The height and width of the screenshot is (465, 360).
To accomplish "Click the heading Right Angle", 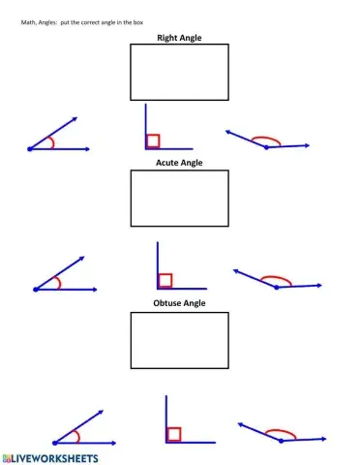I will point(179,38).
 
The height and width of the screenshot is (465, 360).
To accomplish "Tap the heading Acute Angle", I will point(179,163).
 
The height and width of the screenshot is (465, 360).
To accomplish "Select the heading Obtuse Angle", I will point(179,303).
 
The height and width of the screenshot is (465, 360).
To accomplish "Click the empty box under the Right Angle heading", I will point(179,72).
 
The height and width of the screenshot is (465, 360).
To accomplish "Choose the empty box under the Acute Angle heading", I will point(179,199).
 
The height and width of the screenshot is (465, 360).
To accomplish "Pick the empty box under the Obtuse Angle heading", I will point(179,339).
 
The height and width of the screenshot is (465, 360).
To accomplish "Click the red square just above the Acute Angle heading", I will point(153,141).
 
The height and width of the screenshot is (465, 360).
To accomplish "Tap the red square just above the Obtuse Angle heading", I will point(165,280).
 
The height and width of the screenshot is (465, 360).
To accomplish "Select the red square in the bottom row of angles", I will point(174,433).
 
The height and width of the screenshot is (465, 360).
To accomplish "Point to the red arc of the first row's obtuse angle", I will point(268,139).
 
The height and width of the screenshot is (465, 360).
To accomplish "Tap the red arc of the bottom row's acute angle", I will point(75,434).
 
